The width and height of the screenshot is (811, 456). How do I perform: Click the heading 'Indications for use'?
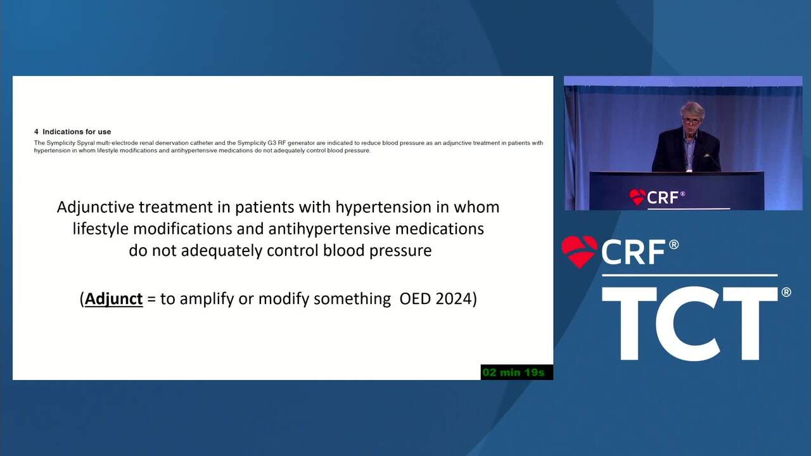[77, 132]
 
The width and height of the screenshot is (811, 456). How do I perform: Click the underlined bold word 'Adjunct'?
[113, 299]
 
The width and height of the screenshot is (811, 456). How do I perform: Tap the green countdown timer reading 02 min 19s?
[513, 372]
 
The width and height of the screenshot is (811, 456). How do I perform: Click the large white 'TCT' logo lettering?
[689, 324]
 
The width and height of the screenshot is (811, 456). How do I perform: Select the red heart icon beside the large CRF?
[579, 251]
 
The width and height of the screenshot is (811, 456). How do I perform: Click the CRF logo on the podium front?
[657, 197]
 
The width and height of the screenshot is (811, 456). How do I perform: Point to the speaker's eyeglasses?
[691, 122]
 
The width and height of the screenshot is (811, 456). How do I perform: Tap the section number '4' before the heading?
[36, 132]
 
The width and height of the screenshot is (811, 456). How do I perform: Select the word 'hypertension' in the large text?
[384, 208]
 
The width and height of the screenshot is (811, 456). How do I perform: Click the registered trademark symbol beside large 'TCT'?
[786, 292]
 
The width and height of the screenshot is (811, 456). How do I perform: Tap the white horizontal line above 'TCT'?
[690, 275]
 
